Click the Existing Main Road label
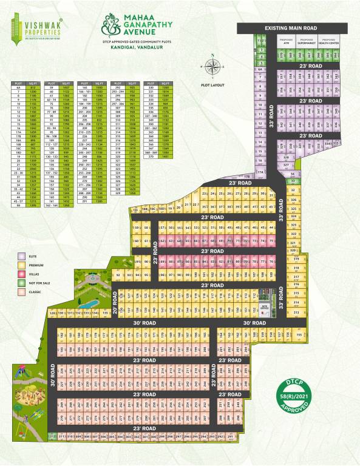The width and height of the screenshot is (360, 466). coord(291,29)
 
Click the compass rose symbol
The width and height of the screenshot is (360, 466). coord(213,66)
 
